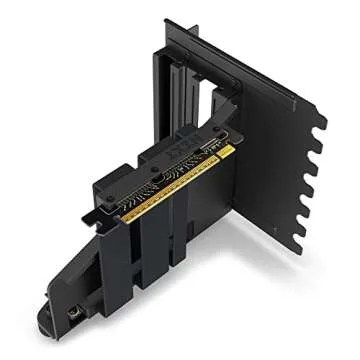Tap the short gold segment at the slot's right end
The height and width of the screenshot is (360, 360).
pos(225,151)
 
